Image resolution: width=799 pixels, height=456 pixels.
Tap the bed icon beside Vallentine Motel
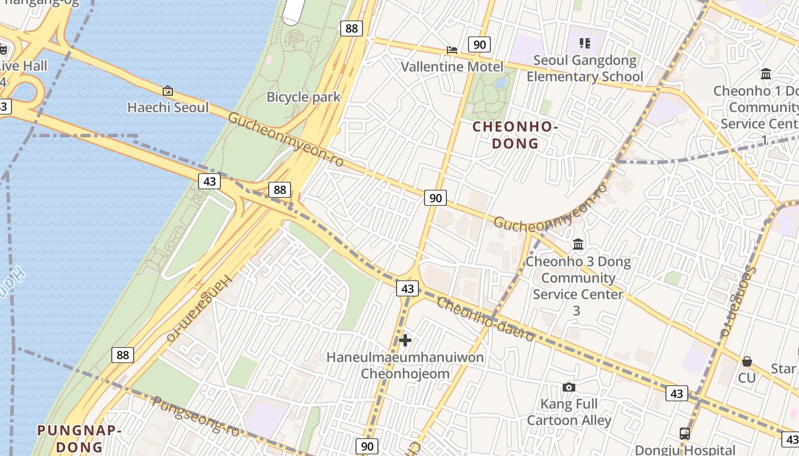pyautogui.click(x=452, y=50)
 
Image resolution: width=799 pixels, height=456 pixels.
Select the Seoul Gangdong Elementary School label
pyautogui.click(x=584, y=68)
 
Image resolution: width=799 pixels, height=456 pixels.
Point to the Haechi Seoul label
pyautogui.click(x=168, y=107)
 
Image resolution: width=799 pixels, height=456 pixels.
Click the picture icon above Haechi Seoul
pyautogui.click(x=168, y=91)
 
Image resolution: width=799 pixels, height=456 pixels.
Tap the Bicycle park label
pyautogui.click(x=303, y=97)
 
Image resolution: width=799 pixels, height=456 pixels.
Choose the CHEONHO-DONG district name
pyautogui.click(x=515, y=135)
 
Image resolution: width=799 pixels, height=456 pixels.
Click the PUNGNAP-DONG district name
pyautogui.click(x=79, y=438)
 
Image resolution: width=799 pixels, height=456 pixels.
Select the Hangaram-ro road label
pyautogui.click(x=200, y=308)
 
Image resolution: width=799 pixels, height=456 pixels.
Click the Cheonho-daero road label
pyautogui.click(x=485, y=319)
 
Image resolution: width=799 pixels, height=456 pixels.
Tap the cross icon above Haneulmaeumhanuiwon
pyautogui.click(x=405, y=341)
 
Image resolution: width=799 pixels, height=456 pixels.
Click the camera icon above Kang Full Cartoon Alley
pyautogui.click(x=568, y=388)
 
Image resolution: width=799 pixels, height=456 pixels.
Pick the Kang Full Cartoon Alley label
pyautogui.click(x=568, y=412)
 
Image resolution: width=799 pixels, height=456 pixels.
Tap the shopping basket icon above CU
pyautogui.click(x=746, y=361)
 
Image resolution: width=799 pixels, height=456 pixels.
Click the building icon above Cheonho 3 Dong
pyautogui.click(x=578, y=245)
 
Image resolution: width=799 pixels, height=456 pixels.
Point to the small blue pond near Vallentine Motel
pyautogui.click(x=501, y=83)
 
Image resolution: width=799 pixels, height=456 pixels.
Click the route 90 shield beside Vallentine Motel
pyautogui.click(x=479, y=44)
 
